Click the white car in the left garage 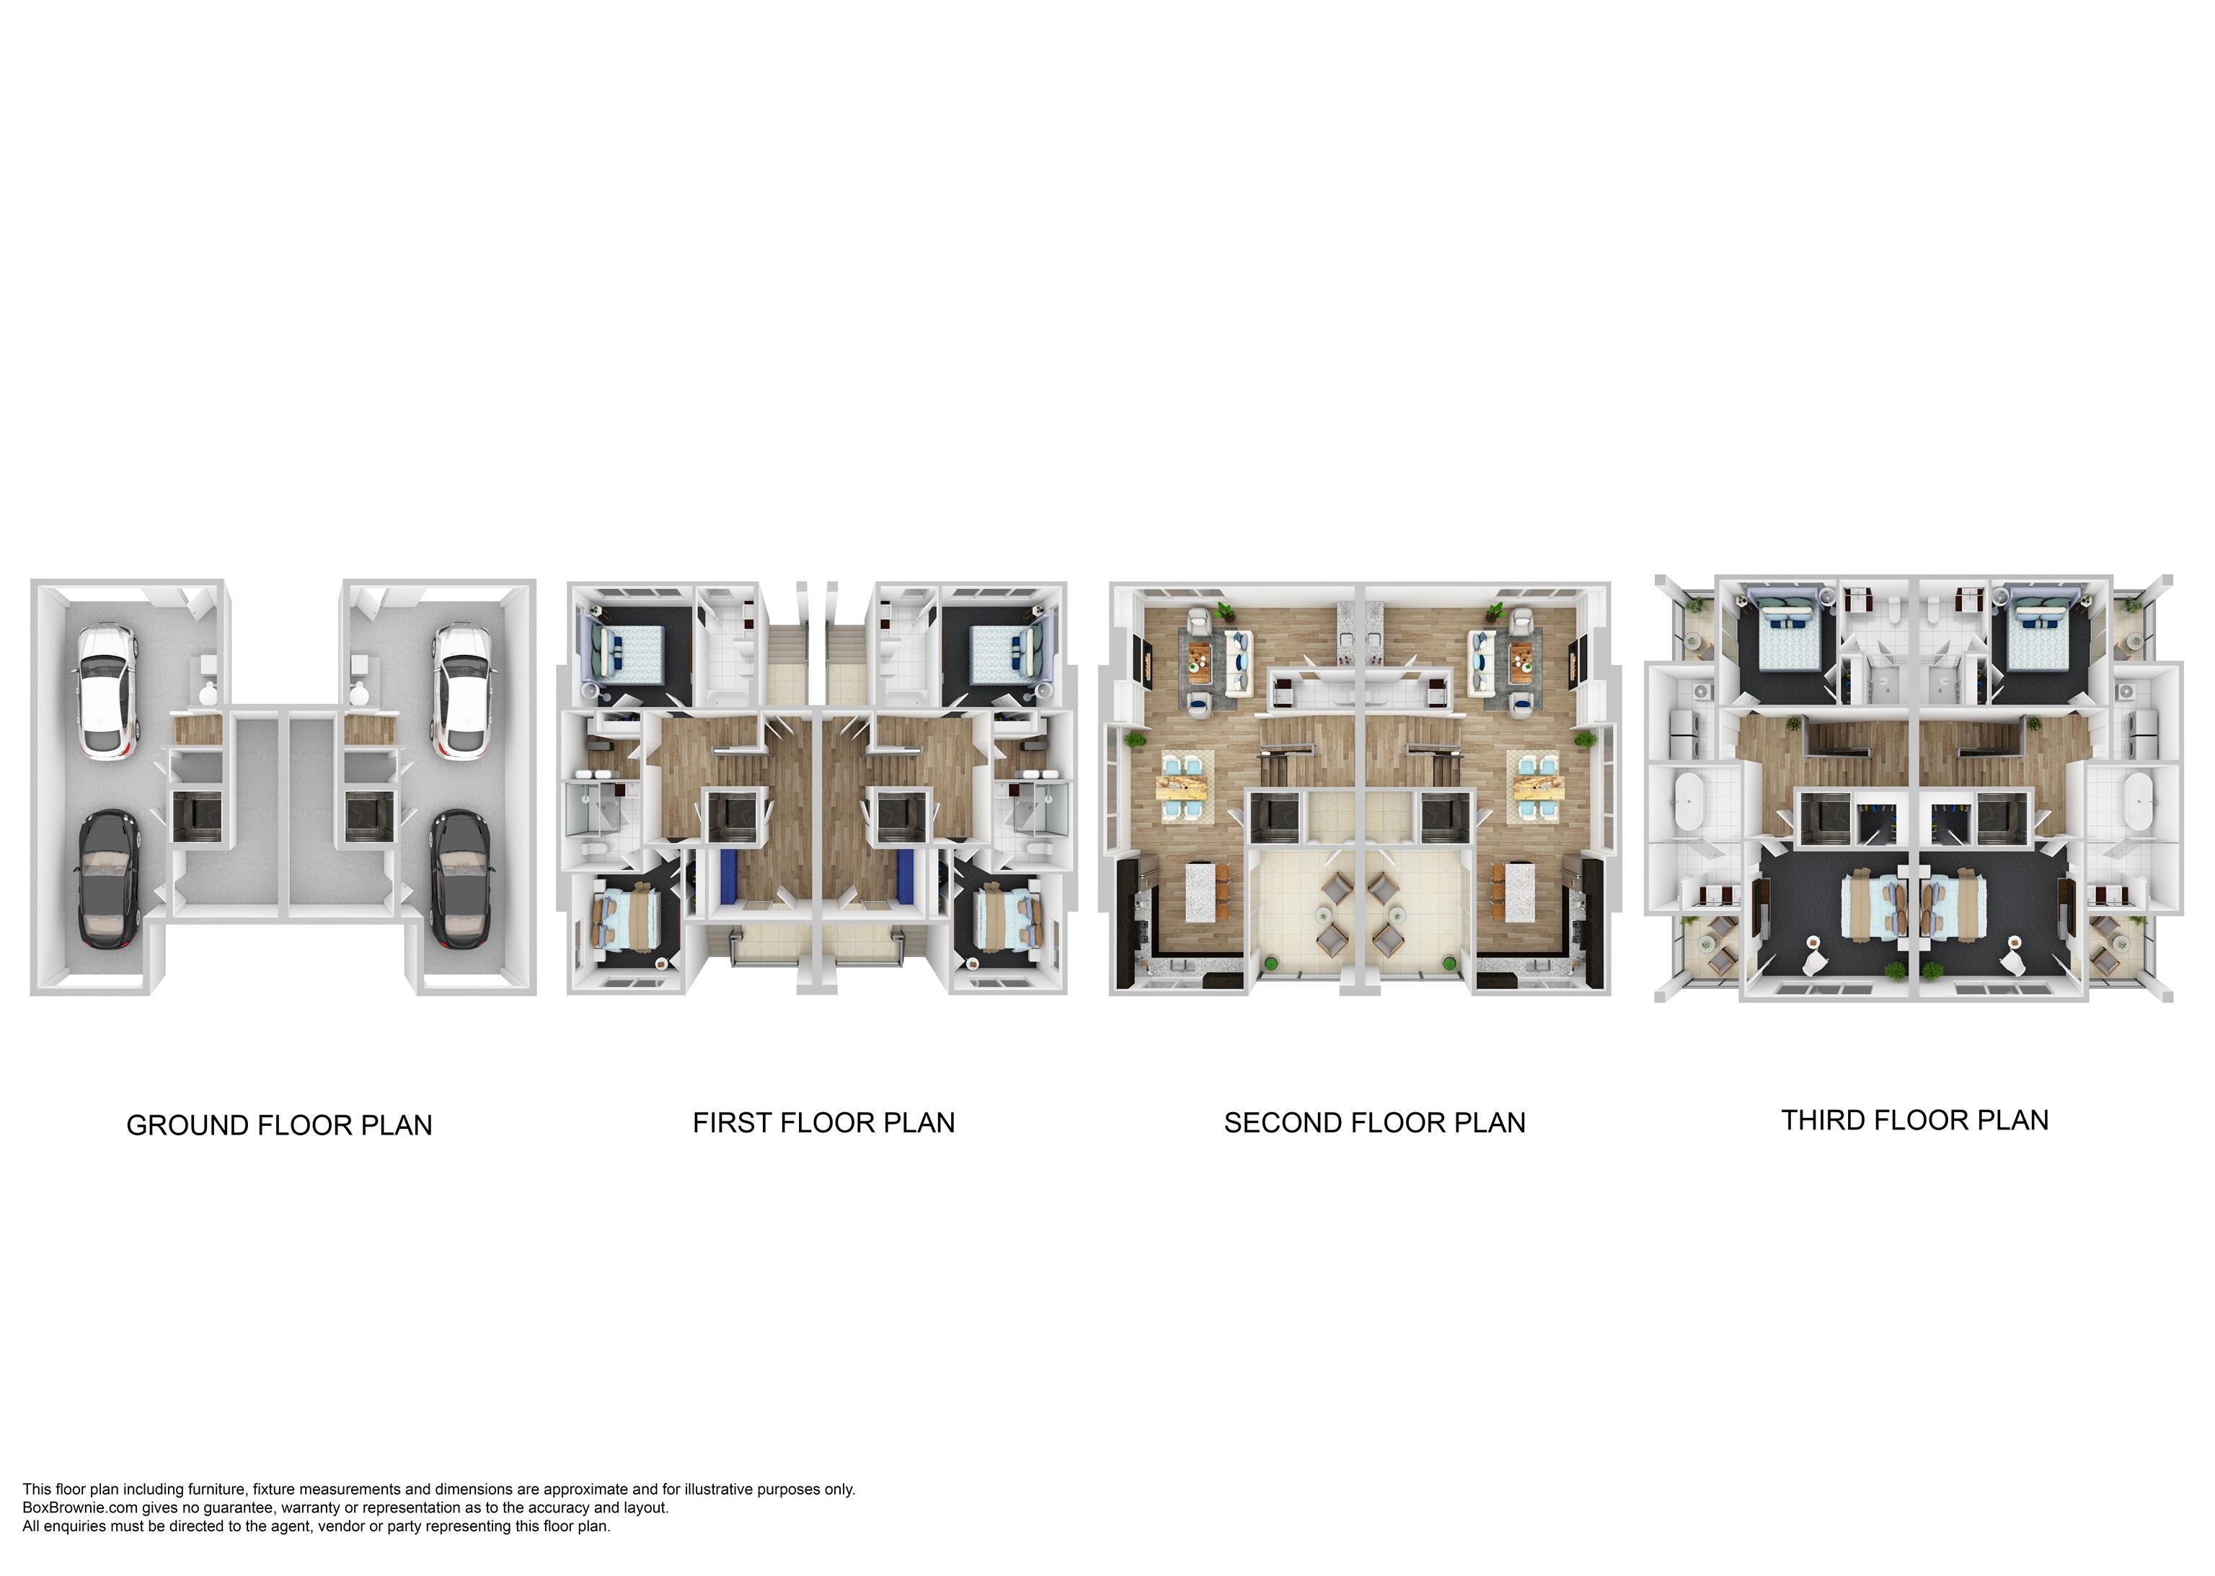pyautogui.click(x=106, y=692)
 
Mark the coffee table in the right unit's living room pyautogui.click(x=1519, y=661)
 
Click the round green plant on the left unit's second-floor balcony pyautogui.click(x=1271, y=963)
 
